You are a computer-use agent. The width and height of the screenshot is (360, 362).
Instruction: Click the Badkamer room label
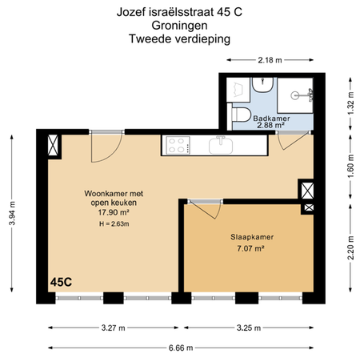(x=271, y=119)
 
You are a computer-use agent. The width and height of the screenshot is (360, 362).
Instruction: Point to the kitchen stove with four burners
(x=177, y=145)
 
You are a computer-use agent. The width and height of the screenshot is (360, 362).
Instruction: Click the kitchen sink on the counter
(x=221, y=145)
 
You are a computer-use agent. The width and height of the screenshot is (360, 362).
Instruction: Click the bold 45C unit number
(x=62, y=283)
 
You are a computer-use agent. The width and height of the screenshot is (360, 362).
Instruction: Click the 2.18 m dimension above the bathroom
(x=270, y=61)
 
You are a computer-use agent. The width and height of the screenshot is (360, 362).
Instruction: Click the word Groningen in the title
(x=179, y=25)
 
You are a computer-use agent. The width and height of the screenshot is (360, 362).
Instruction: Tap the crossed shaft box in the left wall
(x=53, y=147)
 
